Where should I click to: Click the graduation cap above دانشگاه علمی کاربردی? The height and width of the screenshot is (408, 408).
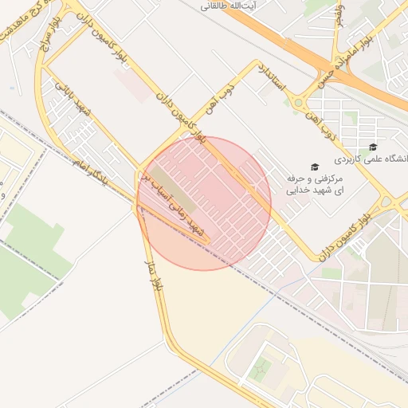(x=372, y=147)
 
